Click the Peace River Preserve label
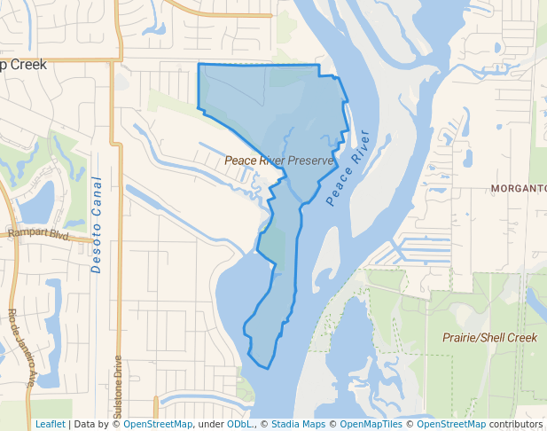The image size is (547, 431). pos(279,161)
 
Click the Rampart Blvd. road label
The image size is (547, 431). pos(38,233)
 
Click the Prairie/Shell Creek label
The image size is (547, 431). pos(489,338)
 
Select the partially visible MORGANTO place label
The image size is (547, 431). pos(519,189)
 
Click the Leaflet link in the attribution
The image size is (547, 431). pos(50,424)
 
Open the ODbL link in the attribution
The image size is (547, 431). pos(239,424)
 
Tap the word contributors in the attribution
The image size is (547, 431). pos(514,424)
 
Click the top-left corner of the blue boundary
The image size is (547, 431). pos(198,65)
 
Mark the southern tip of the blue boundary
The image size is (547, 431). pos(266,367)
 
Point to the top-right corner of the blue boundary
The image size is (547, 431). pos(319,66)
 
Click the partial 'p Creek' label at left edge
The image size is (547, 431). pos(24,65)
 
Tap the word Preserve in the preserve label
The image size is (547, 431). pos(309,161)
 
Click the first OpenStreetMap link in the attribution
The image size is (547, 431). pos(158,424)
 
